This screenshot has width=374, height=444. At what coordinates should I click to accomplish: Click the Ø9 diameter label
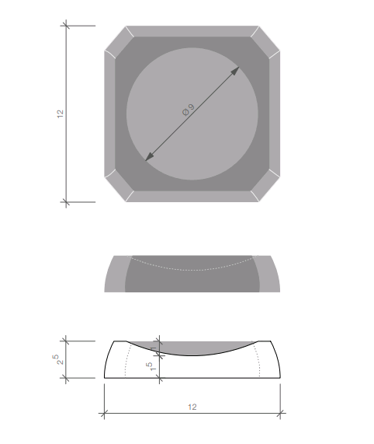[x=189, y=110]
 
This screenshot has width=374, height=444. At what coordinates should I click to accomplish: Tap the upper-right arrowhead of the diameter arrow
[x=235, y=71]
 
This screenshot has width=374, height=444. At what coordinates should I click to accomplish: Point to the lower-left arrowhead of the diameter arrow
[x=150, y=156]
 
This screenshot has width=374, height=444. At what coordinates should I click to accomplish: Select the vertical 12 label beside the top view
[x=61, y=114]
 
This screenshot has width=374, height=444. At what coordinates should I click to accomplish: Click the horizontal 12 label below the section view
[x=192, y=407]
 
